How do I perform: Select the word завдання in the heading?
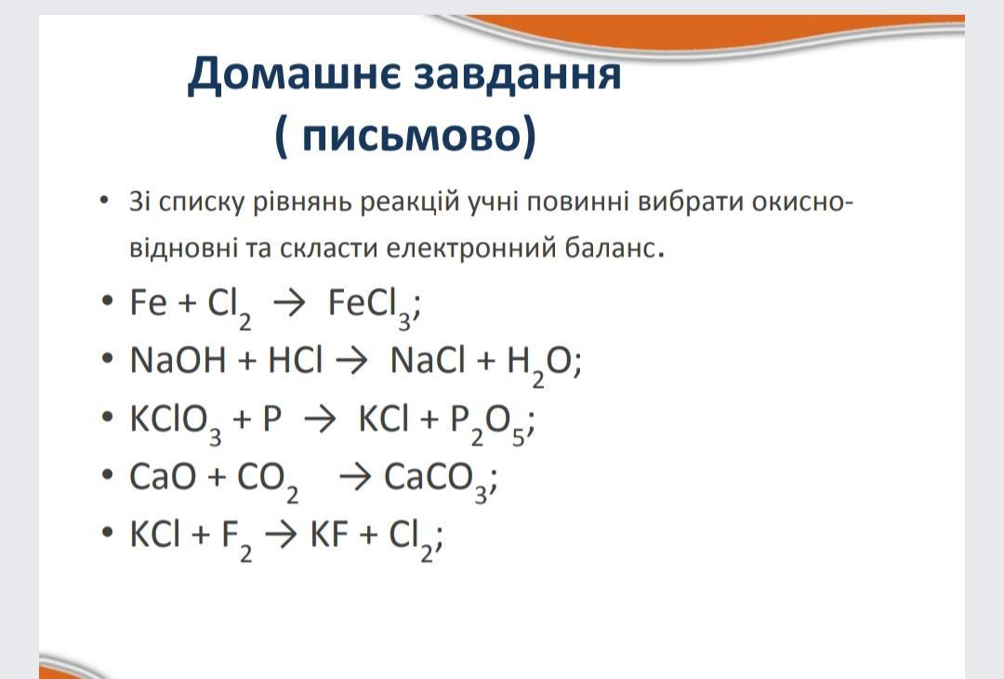(x=518, y=74)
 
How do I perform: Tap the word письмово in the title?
(x=411, y=135)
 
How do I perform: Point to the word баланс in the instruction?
(x=611, y=247)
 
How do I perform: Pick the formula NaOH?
(x=178, y=360)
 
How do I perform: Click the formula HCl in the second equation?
(x=296, y=360)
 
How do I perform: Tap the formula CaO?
(x=163, y=476)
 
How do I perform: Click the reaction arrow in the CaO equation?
(x=355, y=477)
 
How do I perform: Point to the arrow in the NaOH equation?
(x=351, y=361)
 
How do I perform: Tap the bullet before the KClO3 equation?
(x=107, y=417)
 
